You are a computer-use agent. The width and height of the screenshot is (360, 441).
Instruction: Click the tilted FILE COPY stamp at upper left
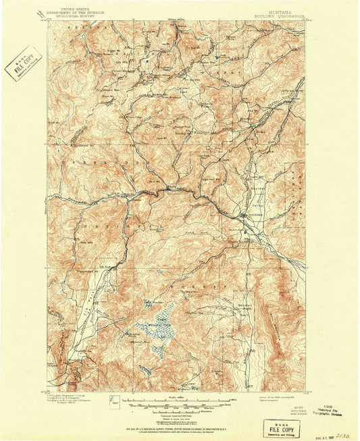tap(24, 61)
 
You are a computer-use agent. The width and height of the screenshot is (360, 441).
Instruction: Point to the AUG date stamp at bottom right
tap(317, 436)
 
